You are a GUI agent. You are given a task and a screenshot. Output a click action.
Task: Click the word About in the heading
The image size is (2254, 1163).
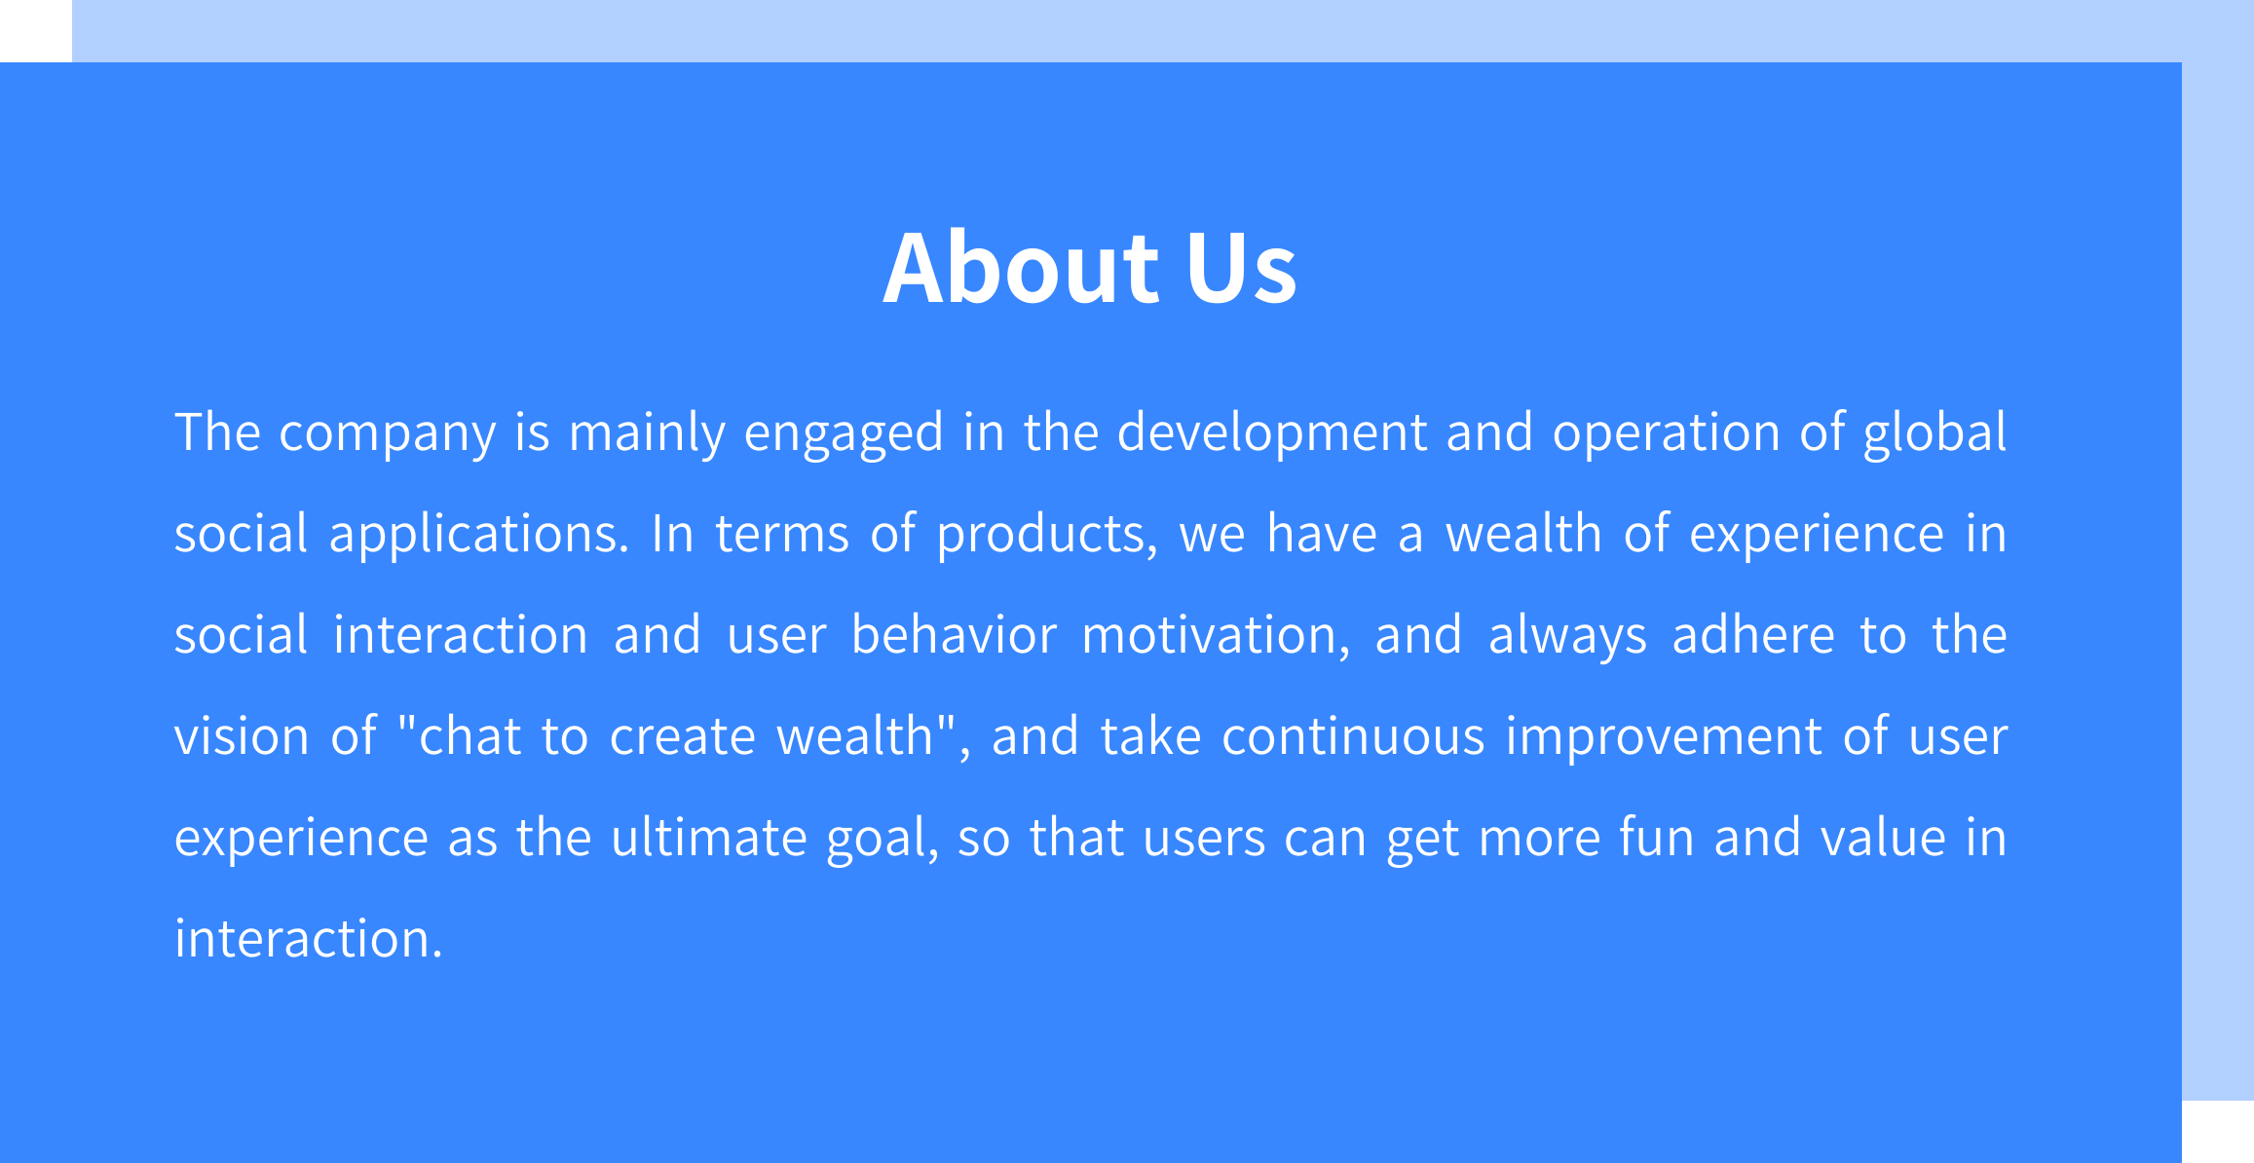1021,267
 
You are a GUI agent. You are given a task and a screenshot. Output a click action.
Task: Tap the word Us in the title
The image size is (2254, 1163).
1241,267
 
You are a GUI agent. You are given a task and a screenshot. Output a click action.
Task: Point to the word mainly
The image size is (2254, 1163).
647,432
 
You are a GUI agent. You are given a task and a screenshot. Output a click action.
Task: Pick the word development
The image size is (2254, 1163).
1271,432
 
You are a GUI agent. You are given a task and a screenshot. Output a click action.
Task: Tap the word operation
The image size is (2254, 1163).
1666,432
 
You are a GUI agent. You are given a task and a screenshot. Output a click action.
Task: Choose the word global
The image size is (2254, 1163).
1935,432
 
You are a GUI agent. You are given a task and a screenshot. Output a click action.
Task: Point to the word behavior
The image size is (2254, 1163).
954,635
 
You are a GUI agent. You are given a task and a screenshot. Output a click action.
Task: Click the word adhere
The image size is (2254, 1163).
1753,635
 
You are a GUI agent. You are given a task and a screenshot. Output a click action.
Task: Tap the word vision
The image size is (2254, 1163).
241,736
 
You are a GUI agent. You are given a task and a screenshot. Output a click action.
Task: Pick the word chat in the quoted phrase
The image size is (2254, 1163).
470,736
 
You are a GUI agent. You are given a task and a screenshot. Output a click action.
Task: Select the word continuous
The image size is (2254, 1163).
1353,736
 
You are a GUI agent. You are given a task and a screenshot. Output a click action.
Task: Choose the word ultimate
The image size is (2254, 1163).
708,838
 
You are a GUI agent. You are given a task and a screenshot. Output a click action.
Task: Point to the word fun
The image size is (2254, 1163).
1656,838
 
